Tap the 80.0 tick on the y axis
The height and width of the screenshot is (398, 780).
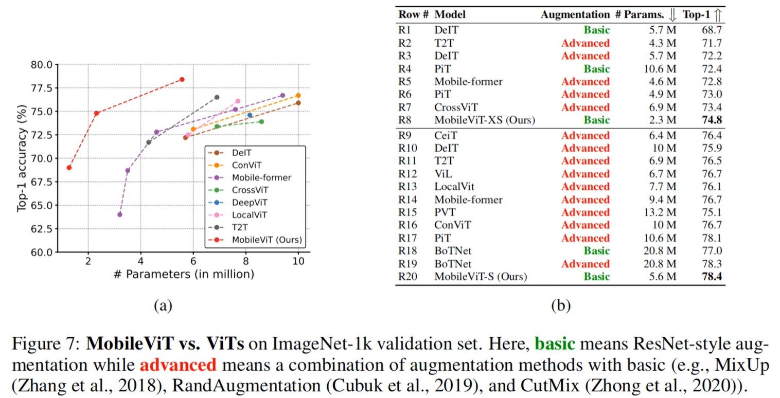tap(42, 65)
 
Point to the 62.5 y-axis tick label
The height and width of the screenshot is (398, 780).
tap(42, 229)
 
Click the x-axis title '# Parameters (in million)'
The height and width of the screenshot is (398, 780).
tap(184, 274)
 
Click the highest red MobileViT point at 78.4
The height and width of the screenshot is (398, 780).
tap(182, 80)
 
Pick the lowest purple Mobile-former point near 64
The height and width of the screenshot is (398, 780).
tap(120, 214)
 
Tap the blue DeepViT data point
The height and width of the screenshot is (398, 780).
tap(250, 115)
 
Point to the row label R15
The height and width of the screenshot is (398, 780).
tap(408, 212)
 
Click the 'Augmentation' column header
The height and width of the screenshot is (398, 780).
tap(575, 15)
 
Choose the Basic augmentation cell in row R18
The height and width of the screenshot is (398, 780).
tap(596, 251)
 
